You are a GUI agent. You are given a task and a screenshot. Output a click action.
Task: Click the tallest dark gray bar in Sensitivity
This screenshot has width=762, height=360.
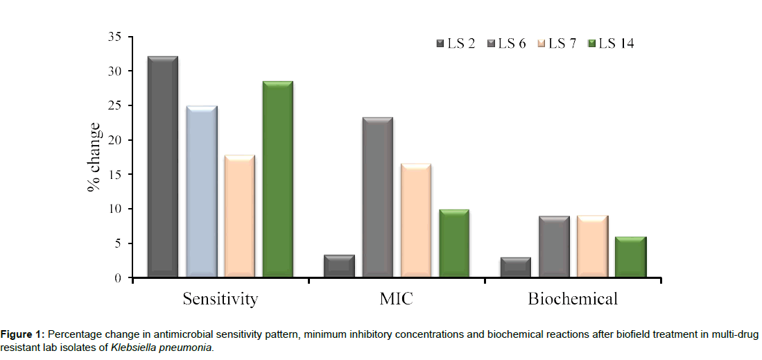(x=163, y=166)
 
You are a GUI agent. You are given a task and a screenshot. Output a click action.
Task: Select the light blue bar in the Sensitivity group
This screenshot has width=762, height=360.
(x=201, y=191)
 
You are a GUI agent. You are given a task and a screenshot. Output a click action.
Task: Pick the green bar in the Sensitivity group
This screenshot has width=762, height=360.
(x=277, y=179)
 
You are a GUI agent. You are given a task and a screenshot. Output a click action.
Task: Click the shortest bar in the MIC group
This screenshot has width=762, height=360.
(x=340, y=266)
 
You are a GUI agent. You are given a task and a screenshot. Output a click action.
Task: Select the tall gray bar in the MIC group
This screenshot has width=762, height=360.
(x=378, y=198)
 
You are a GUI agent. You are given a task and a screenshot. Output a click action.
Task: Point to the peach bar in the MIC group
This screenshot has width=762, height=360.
(x=416, y=221)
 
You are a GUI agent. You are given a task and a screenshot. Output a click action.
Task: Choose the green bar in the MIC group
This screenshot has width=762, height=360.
(x=454, y=243)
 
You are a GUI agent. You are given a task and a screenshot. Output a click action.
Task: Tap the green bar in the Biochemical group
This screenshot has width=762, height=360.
(x=631, y=257)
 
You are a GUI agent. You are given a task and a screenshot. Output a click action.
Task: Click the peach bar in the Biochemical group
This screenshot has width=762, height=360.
(x=593, y=246)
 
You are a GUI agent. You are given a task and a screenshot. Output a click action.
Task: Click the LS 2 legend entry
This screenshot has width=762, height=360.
(x=456, y=44)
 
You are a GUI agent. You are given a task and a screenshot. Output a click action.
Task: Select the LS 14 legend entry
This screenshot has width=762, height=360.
(x=610, y=44)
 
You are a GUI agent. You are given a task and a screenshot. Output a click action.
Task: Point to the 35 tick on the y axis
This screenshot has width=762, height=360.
(x=115, y=37)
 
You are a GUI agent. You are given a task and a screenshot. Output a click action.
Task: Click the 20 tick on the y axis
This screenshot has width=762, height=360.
(x=115, y=140)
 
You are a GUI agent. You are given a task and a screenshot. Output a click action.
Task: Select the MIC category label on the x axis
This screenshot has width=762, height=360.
(x=397, y=300)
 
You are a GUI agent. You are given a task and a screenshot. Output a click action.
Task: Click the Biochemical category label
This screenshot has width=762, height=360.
(x=573, y=300)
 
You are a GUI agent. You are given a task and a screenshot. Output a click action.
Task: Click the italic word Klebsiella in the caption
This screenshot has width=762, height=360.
(x=132, y=346)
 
